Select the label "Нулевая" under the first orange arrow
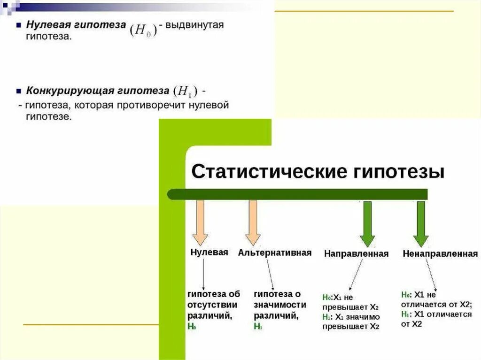[209, 252]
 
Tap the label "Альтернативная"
[274, 253]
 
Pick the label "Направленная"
[356, 253]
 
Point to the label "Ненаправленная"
[440, 253]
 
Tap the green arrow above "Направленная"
[367, 223]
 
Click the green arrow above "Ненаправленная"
[420, 223]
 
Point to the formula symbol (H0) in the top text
[142, 31]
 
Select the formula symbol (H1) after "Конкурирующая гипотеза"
[185, 91]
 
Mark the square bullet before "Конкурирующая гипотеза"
[18, 90]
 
